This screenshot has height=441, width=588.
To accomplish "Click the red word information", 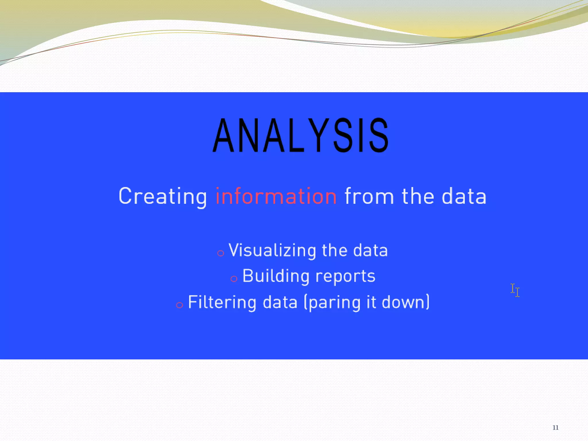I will coord(276,196).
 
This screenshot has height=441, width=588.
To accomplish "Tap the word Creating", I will coord(163,196).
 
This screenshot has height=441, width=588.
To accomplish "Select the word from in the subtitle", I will coord(369,196).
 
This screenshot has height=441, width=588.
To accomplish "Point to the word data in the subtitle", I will coord(464,196).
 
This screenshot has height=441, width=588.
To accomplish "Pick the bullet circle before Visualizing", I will coord(220,253).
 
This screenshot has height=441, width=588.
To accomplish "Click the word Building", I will coord(276,276).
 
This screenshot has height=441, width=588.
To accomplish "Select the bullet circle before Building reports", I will coord(234,279).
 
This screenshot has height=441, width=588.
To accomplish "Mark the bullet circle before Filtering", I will coord(179,305).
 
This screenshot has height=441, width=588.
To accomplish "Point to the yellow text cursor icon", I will coord(515,290).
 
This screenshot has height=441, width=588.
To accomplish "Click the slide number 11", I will coord(555,428).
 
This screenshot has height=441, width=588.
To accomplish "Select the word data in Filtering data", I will coord(280,302).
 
